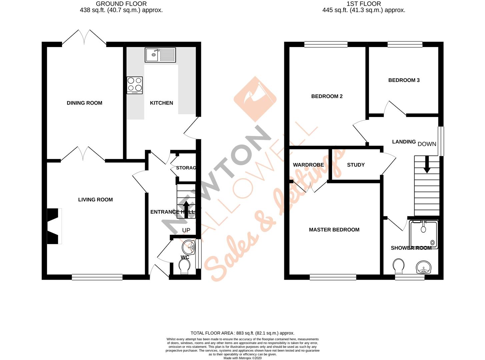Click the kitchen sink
coord(160,55)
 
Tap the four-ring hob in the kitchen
coord(135,85)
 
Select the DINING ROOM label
coord(84,103)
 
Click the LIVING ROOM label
coord(95,200)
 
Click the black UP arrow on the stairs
coord(186,209)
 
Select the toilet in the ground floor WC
coord(184,266)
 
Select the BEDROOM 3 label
coord(404,80)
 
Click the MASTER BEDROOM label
coord(334,230)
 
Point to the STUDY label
coord(356,165)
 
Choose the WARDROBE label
coord(308,165)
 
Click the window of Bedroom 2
coord(326,44)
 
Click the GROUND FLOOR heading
coord(121,4)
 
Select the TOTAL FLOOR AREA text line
coord(242,333)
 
